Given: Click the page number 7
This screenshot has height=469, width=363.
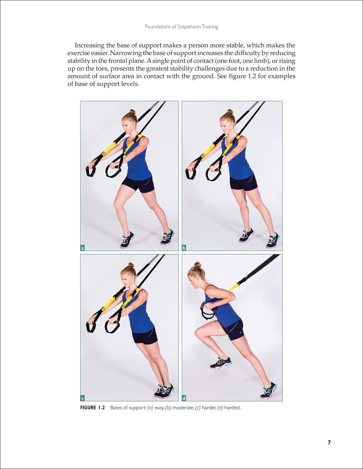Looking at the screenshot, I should click(329, 442).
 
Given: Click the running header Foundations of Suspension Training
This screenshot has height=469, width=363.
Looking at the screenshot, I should click(181, 27).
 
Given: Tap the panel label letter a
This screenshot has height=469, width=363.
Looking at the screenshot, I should click(83, 248).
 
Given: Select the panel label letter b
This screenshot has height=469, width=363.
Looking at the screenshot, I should click(184, 248).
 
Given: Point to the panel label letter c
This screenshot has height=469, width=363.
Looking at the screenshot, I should click(83, 398).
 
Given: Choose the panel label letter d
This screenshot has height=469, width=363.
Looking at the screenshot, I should click(184, 398).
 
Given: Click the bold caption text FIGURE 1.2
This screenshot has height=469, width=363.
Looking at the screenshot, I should click(92, 408).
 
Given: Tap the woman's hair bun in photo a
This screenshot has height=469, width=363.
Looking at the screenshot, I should click(132, 112).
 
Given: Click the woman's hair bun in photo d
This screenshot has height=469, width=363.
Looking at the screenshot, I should click(197, 265).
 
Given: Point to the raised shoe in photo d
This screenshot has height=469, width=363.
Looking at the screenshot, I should click(221, 363).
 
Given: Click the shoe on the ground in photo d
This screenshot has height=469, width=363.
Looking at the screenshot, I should click(268, 391).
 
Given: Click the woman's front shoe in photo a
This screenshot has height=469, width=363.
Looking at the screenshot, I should click(127, 240).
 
